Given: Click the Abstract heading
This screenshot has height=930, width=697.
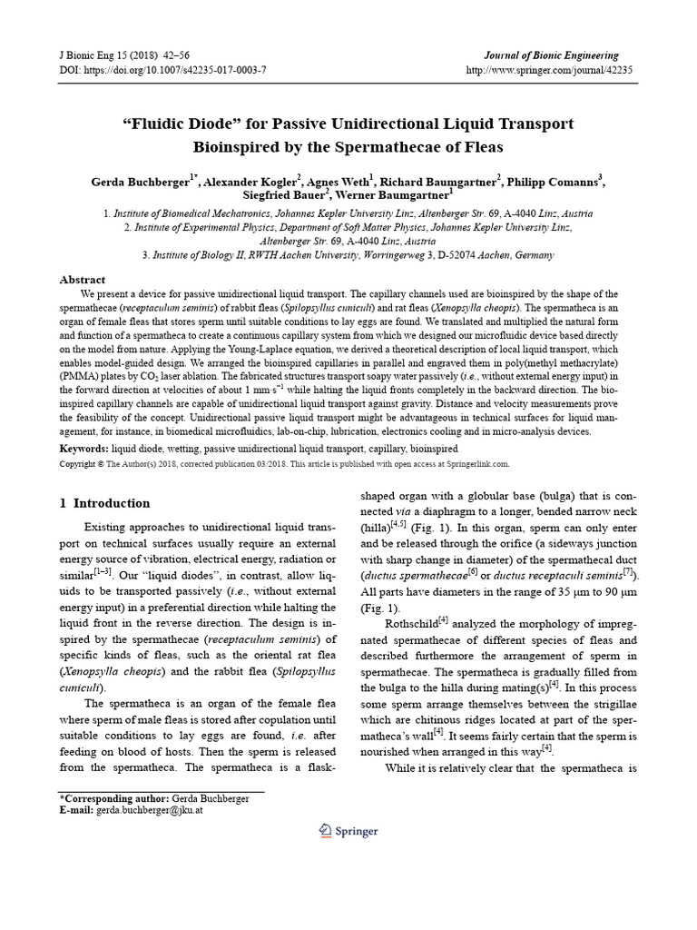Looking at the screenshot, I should [83, 280].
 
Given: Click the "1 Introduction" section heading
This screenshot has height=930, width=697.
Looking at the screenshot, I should [104, 503].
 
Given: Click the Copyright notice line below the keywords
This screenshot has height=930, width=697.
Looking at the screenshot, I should [284, 463].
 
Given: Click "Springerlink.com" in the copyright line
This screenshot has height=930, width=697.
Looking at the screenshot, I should [477, 463].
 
